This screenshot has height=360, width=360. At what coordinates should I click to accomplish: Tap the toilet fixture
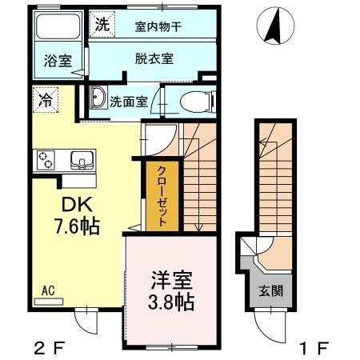192,101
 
